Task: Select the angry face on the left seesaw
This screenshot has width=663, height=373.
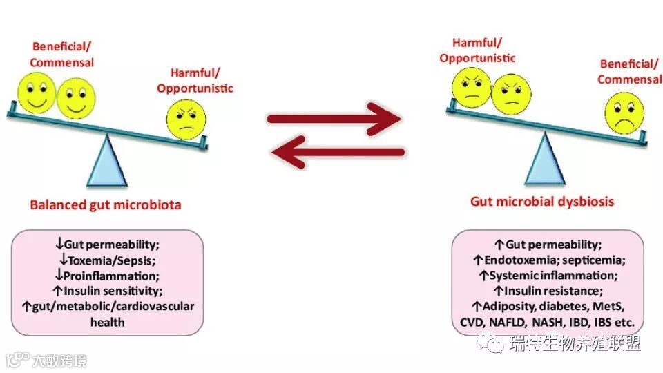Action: coord(185,119)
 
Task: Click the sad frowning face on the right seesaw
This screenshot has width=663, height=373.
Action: coord(624,113)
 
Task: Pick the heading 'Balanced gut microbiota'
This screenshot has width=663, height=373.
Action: coord(106,204)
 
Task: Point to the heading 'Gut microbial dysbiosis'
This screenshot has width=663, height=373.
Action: coord(542,202)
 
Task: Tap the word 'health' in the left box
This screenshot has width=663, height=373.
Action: coord(107,321)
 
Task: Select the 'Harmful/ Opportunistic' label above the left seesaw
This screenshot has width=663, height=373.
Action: coord(195,80)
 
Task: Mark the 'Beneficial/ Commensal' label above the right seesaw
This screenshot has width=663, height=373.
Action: coord(628,71)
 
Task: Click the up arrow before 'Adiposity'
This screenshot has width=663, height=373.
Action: coord(476,307)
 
